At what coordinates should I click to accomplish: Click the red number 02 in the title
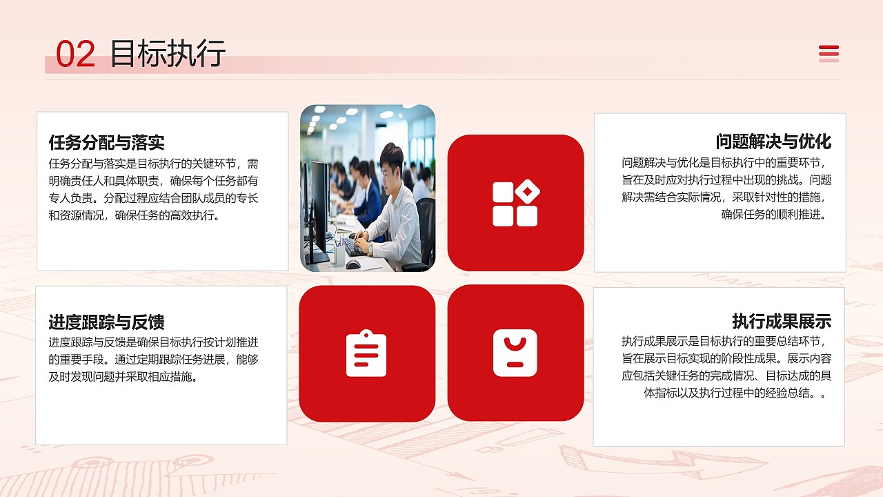(75, 55)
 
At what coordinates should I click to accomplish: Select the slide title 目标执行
(168, 54)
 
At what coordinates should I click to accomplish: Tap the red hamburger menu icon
(829, 53)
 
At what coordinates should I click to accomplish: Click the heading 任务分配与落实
(106, 143)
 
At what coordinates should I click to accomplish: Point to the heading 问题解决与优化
(773, 142)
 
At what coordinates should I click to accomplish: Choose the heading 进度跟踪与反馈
(106, 322)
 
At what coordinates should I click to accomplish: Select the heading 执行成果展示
(782, 321)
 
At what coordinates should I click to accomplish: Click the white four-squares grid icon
(515, 204)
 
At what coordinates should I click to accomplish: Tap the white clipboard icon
(366, 353)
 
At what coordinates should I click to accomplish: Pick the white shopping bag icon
(515, 353)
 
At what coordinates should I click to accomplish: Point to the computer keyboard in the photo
(356, 246)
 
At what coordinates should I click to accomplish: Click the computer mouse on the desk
(353, 264)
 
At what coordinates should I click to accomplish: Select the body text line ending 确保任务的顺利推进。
(773, 214)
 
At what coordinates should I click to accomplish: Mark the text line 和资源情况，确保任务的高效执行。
(134, 215)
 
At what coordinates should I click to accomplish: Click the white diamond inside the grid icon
(528, 191)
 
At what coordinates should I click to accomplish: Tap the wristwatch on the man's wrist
(370, 249)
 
